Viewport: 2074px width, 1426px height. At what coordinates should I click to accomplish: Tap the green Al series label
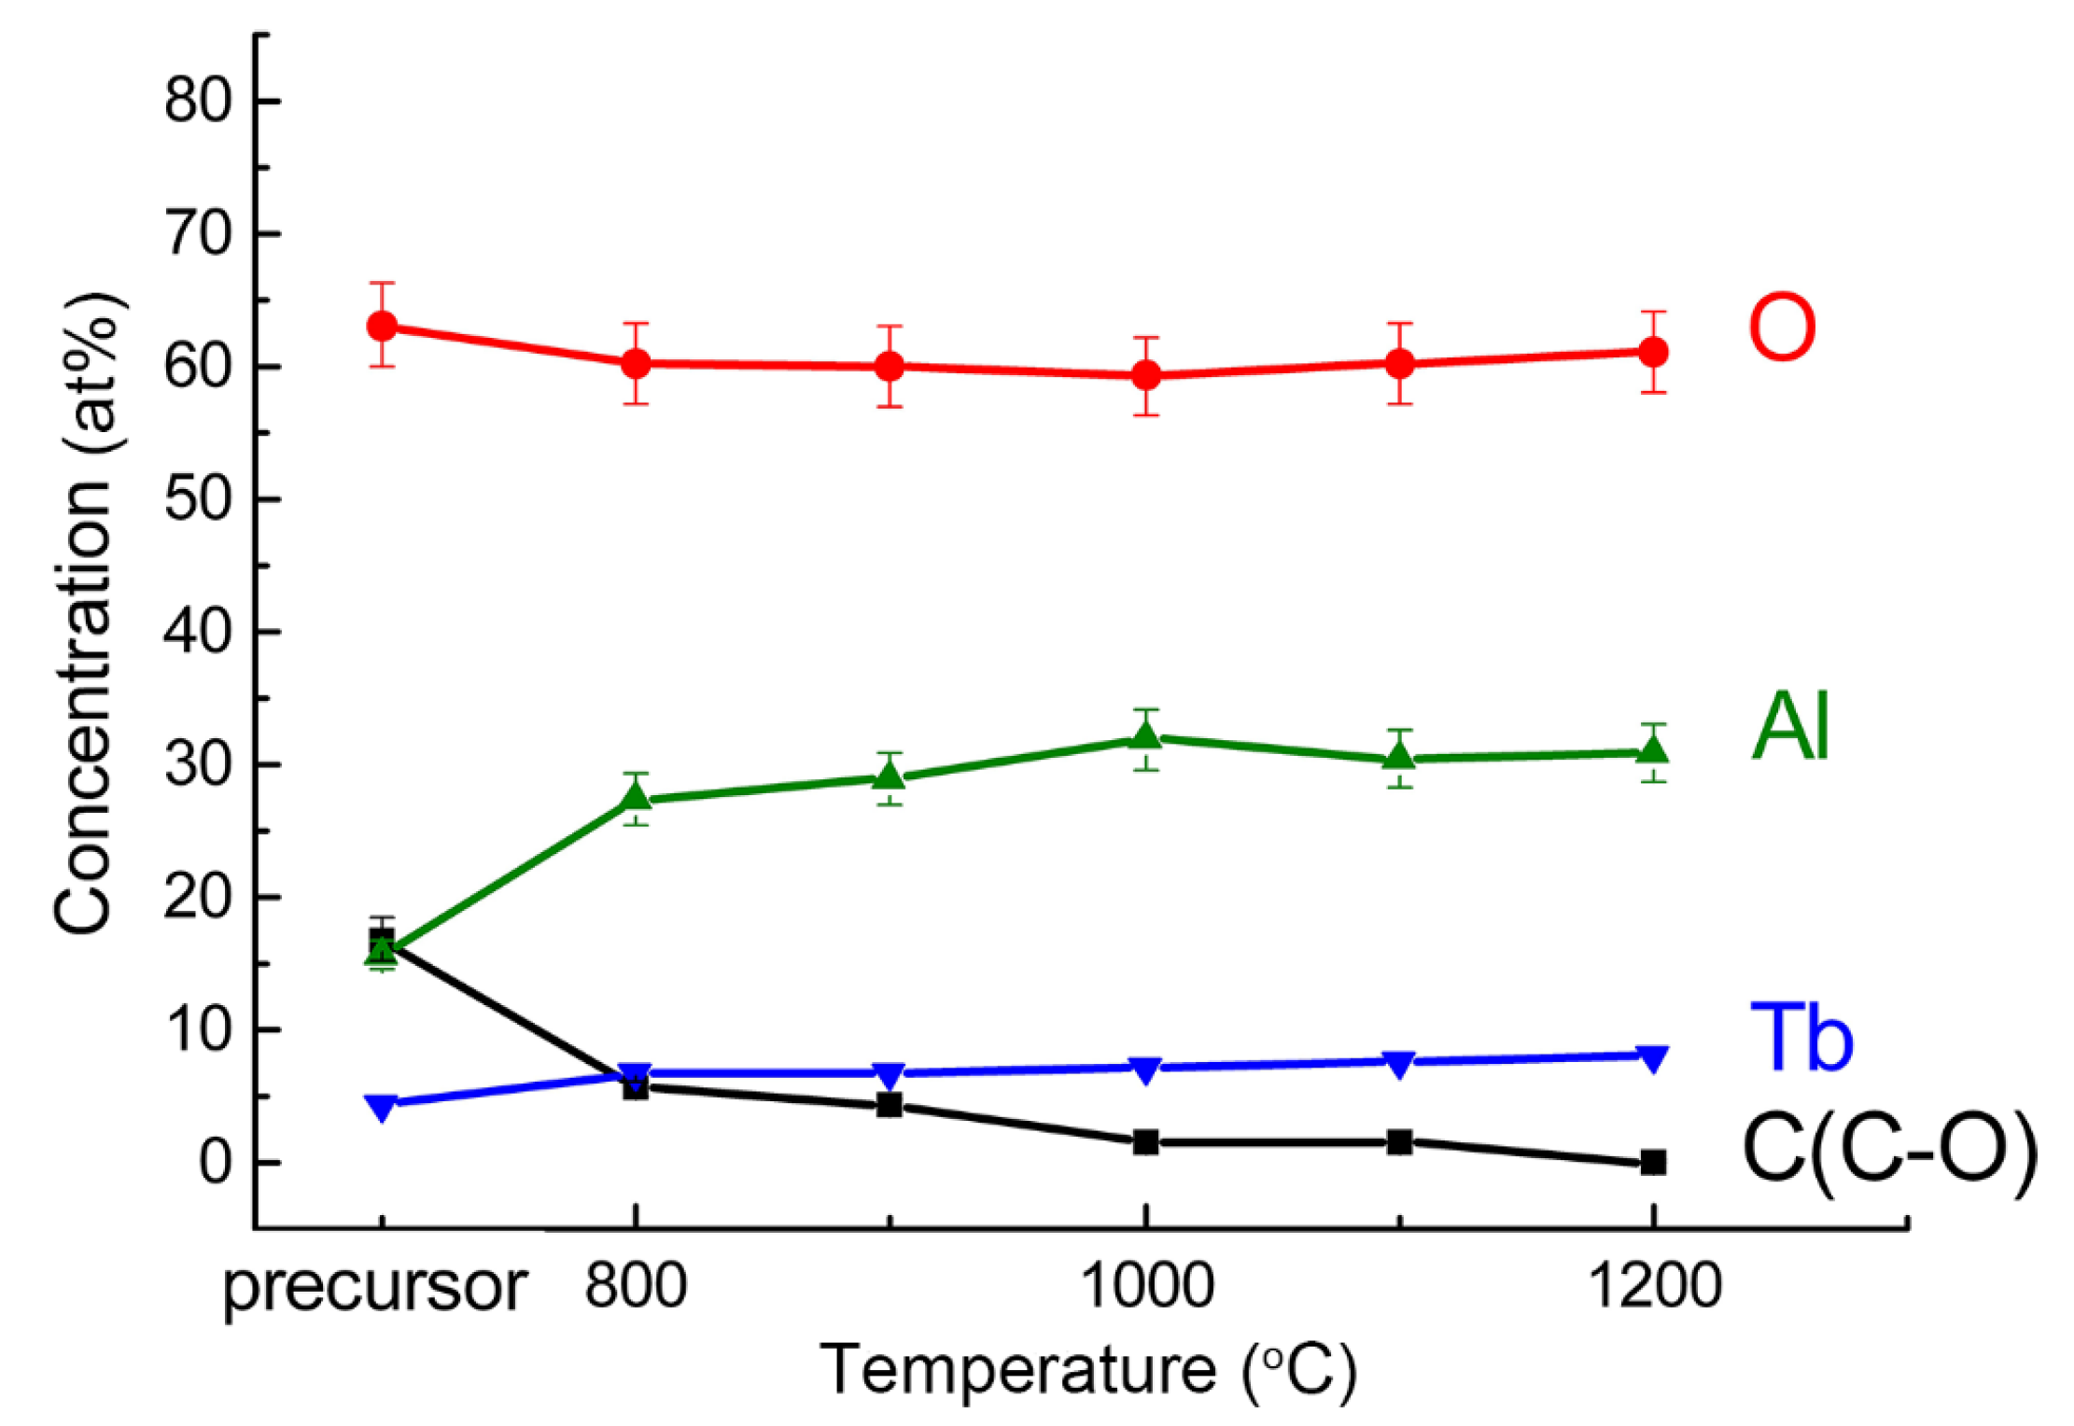tap(1790, 727)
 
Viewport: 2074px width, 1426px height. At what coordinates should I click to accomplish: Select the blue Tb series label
tap(1801, 1037)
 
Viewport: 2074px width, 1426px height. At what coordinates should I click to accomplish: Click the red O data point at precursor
tap(382, 326)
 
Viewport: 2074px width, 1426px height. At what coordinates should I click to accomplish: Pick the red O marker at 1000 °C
tap(1145, 375)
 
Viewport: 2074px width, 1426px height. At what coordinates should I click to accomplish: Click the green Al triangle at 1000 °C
tap(1145, 737)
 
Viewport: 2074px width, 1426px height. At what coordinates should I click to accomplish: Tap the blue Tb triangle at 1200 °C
tap(1653, 1058)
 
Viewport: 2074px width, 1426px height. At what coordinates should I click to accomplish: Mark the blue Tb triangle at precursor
tap(382, 1107)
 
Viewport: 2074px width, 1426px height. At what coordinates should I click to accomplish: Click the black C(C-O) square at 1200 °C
tap(1653, 1162)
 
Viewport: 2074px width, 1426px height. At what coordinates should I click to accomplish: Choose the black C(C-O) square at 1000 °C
tap(1145, 1141)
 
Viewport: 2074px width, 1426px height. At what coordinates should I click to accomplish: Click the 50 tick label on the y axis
tap(197, 499)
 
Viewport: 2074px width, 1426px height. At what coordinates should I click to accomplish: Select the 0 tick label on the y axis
tap(215, 1164)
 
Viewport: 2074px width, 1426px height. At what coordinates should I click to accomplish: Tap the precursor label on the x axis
tap(375, 1288)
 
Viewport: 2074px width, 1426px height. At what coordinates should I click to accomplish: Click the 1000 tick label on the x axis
tap(1146, 1286)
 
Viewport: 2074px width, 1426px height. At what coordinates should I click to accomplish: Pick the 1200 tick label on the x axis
tap(1654, 1286)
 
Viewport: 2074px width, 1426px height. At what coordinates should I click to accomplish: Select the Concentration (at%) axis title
tap(86, 612)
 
